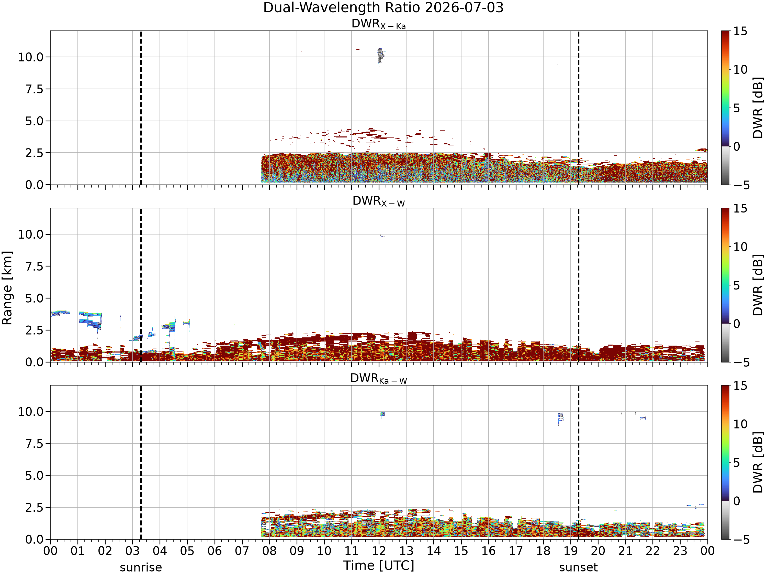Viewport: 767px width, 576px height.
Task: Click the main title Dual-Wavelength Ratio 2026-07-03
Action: (383, 8)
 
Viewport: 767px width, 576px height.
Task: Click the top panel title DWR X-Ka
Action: (379, 24)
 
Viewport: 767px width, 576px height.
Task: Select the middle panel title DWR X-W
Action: (379, 201)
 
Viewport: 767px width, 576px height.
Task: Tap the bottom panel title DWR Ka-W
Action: (379, 378)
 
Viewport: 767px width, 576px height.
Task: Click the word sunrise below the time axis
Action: (141, 567)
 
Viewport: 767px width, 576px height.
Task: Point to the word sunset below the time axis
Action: (578, 567)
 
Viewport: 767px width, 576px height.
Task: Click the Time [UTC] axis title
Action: (379, 565)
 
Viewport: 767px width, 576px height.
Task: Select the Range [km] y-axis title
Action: (7, 288)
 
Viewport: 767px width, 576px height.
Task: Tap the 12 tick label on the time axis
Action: (379, 551)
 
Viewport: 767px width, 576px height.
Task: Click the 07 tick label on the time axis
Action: (242, 551)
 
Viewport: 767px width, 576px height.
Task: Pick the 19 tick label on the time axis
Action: (570, 551)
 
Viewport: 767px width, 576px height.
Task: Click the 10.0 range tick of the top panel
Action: (30, 57)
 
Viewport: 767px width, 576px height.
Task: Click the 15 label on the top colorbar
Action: (740, 31)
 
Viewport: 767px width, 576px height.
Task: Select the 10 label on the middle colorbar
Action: (740, 247)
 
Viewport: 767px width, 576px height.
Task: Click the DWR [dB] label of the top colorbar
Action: (758, 108)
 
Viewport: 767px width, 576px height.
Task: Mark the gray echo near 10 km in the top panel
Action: (381, 56)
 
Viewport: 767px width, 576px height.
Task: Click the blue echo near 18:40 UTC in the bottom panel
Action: (560, 418)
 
